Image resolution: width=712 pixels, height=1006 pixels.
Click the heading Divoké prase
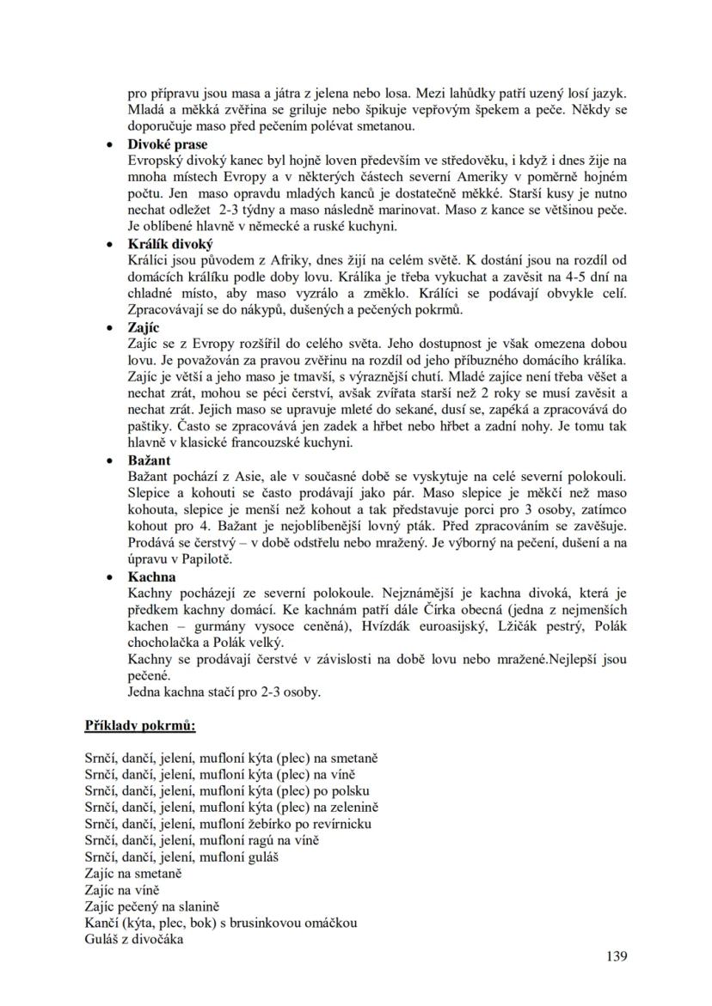tap(168, 144)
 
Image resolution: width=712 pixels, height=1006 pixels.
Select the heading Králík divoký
tap(170, 244)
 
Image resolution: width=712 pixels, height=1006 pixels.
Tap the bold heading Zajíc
tap(144, 327)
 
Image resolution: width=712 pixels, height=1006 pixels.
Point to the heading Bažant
tap(150, 460)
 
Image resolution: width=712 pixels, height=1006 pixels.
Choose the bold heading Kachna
tap(151, 577)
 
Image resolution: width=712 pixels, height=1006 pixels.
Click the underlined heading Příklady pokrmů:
tap(140, 725)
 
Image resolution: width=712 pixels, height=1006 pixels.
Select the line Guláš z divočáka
tap(135, 939)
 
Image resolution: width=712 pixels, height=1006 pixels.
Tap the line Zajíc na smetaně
tap(133, 873)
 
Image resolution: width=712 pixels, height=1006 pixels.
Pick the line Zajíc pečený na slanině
tap(153, 906)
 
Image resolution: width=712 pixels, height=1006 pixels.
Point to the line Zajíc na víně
tap(122, 890)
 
